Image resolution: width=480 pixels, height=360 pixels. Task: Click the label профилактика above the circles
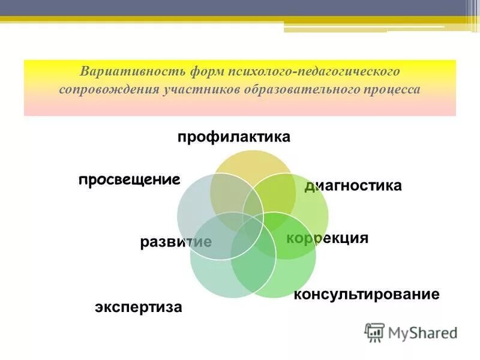click(x=233, y=137)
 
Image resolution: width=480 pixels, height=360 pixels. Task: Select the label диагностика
click(x=353, y=186)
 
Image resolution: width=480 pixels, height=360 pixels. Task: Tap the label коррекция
click(x=327, y=238)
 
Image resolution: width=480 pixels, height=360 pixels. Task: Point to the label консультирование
click(x=366, y=295)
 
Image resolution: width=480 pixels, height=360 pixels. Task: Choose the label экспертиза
click(x=138, y=308)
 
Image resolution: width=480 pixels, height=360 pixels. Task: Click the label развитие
click(x=176, y=242)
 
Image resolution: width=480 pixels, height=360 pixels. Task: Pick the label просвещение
click(x=129, y=179)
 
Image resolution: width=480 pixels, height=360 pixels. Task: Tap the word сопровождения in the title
click(x=107, y=89)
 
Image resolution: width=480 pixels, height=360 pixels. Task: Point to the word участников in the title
click(x=200, y=89)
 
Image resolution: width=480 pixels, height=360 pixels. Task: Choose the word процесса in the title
click(x=391, y=89)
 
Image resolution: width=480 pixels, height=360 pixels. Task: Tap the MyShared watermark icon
click(x=374, y=332)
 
